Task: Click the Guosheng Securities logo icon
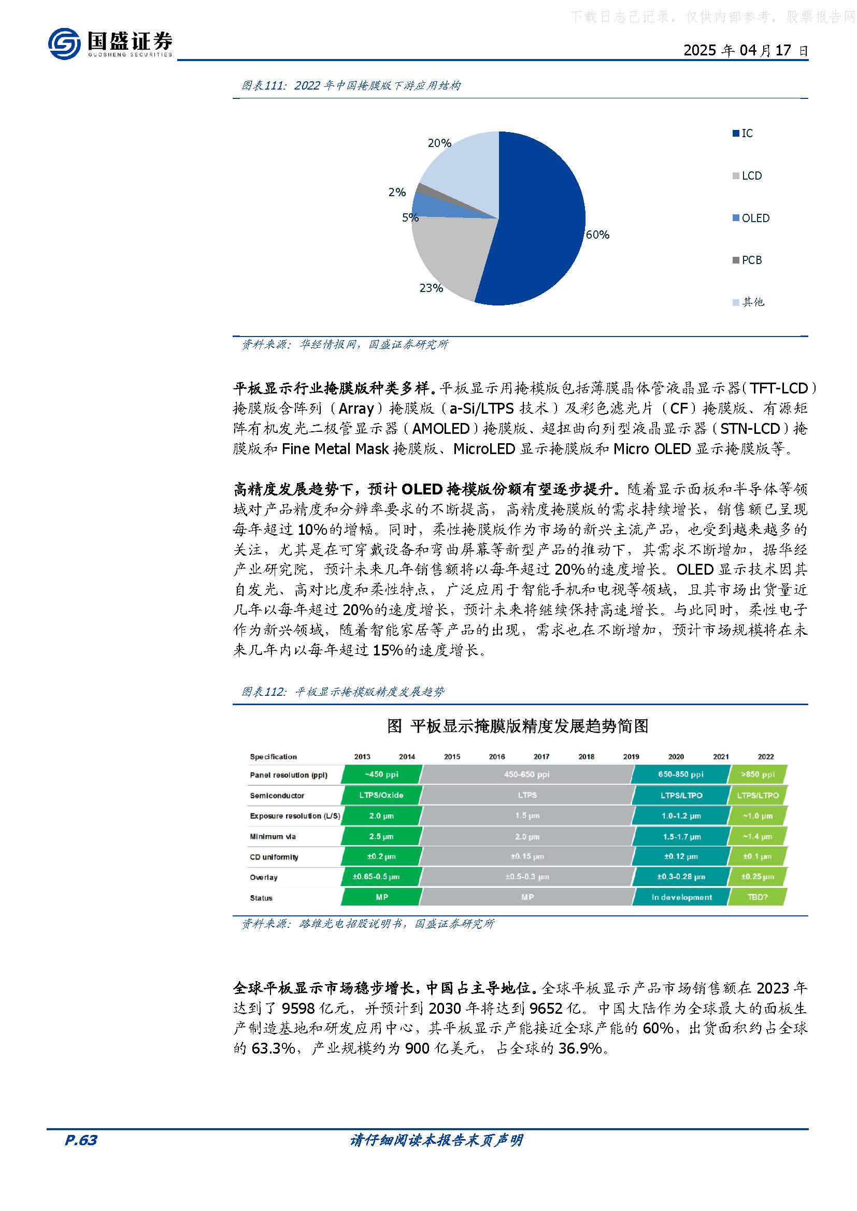point(64,43)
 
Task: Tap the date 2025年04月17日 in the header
point(745,51)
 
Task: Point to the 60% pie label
point(597,235)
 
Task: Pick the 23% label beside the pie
point(431,288)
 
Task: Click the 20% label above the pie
point(439,143)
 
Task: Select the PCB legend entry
point(751,260)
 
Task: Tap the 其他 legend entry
point(752,302)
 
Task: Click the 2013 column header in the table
point(362,756)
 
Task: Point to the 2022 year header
point(766,756)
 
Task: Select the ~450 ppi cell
point(381,774)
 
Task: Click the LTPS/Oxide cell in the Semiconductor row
point(381,795)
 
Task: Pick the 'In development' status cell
point(681,897)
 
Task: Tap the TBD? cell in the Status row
point(758,897)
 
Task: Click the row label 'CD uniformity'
point(274,857)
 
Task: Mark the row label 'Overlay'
point(263,878)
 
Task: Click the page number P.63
point(81,1140)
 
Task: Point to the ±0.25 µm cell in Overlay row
point(758,877)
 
